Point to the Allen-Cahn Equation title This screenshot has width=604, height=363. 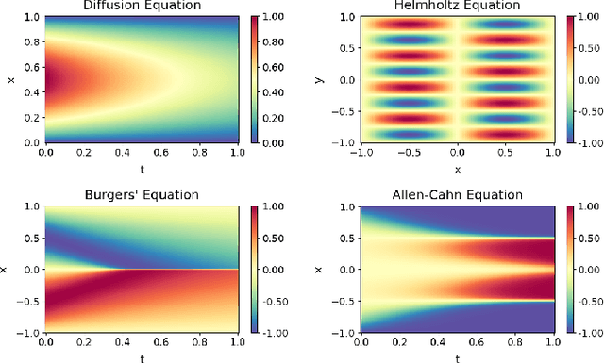click(x=456, y=195)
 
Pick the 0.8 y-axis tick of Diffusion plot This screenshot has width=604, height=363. click(x=31, y=41)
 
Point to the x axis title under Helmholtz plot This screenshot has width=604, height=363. click(x=457, y=170)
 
